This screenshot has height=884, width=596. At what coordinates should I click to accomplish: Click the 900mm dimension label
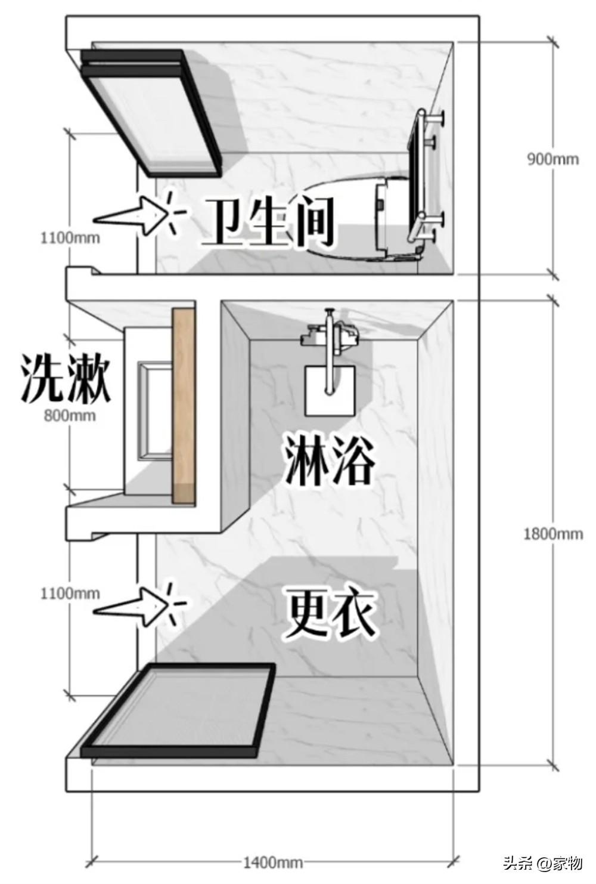point(552,159)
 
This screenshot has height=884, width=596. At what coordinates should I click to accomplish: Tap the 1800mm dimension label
point(552,533)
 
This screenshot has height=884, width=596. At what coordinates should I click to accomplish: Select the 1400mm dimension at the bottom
point(272,862)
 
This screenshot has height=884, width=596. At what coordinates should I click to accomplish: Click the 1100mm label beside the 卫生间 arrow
point(70,238)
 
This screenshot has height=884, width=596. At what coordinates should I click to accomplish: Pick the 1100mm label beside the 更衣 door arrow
point(70,594)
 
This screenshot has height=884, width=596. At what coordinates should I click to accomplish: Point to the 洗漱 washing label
point(66,378)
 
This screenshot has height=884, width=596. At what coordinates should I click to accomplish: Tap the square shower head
point(330,391)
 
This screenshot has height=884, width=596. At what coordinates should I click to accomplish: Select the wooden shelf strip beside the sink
point(184,406)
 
